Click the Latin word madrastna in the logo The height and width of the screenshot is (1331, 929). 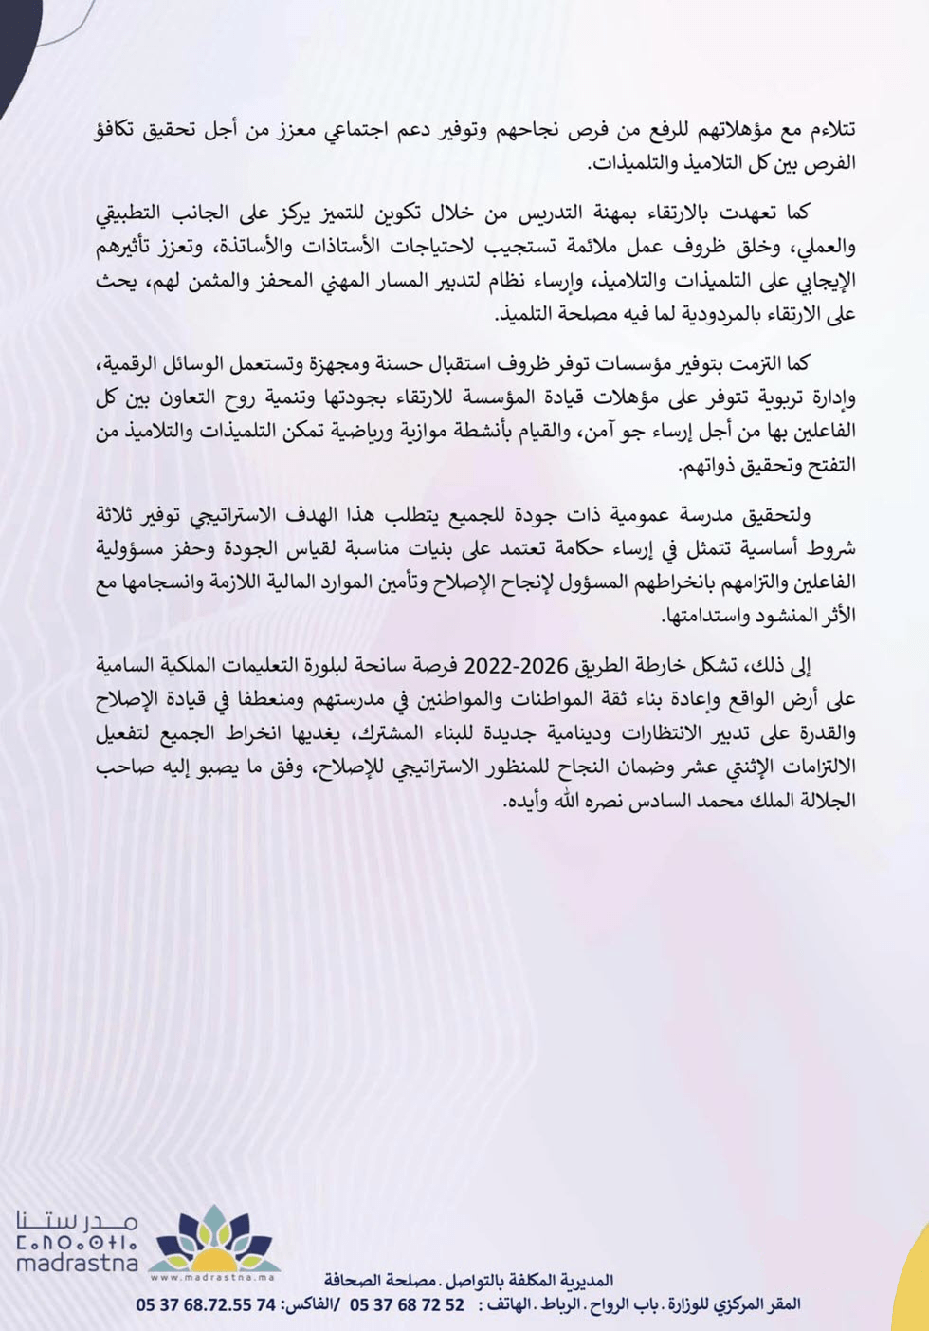[x=77, y=1263]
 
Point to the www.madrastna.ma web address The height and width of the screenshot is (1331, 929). [x=214, y=1276]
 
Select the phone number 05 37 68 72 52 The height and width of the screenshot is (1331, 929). [x=408, y=1304]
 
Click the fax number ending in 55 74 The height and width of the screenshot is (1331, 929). [x=206, y=1304]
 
